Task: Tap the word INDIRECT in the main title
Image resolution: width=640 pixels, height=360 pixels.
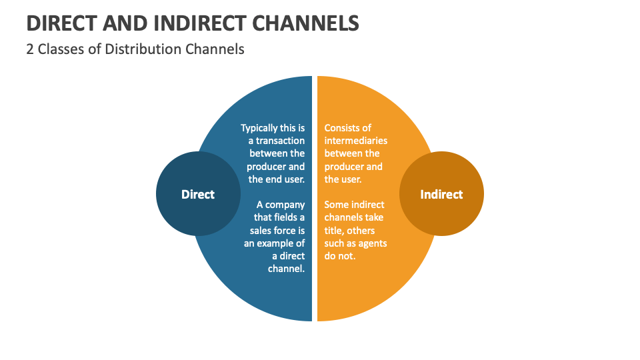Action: [x=190, y=23]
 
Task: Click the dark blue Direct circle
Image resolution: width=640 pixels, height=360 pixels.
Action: [x=198, y=194]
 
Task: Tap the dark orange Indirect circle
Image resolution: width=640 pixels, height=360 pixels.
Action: [x=441, y=194]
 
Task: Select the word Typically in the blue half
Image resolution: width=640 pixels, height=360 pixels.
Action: [x=262, y=127]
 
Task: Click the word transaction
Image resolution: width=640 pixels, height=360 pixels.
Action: [x=280, y=141]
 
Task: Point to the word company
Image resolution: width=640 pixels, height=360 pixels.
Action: [x=285, y=205]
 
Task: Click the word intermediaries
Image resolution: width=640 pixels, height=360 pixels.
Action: [x=356, y=141]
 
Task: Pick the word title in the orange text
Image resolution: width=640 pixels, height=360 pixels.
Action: [x=335, y=231]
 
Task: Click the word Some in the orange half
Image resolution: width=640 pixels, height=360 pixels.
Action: [x=336, y=205]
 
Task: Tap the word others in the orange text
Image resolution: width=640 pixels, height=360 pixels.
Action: [x=371, y=231]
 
